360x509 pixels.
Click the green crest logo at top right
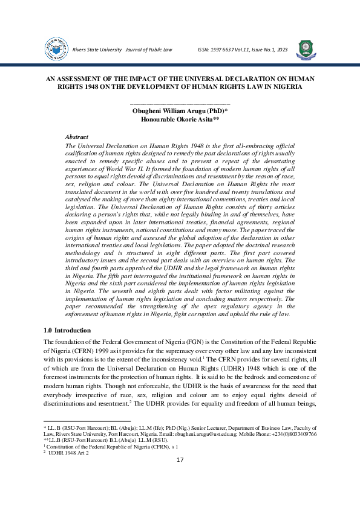(306, 48)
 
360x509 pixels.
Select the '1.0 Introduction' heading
(68, 331)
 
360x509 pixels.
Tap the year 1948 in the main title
(79, 87)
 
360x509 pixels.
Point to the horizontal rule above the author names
(180, 105)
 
